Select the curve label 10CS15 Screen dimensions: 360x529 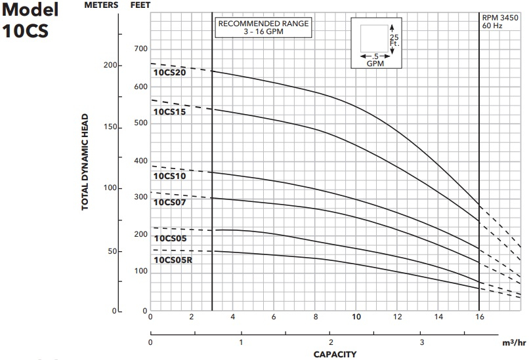tap(170, 111)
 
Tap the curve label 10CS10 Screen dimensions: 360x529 tap(170, 176)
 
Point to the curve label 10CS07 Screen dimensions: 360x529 tap(170, 202)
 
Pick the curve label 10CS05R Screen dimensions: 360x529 tap(173, 260)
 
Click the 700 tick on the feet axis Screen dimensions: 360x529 tap(140, 49)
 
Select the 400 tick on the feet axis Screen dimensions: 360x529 tap(140, 161)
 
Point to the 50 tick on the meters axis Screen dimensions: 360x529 tap(112, 251)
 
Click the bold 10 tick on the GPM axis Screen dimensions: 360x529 tap(357, 317)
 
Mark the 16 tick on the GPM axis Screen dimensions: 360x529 tap(480, 317)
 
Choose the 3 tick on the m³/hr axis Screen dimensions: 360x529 tap(422, 342)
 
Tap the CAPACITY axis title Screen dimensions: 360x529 tap(335, 355)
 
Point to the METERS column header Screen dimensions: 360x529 tap(102, 5)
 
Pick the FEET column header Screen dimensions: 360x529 tap(140, 5)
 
